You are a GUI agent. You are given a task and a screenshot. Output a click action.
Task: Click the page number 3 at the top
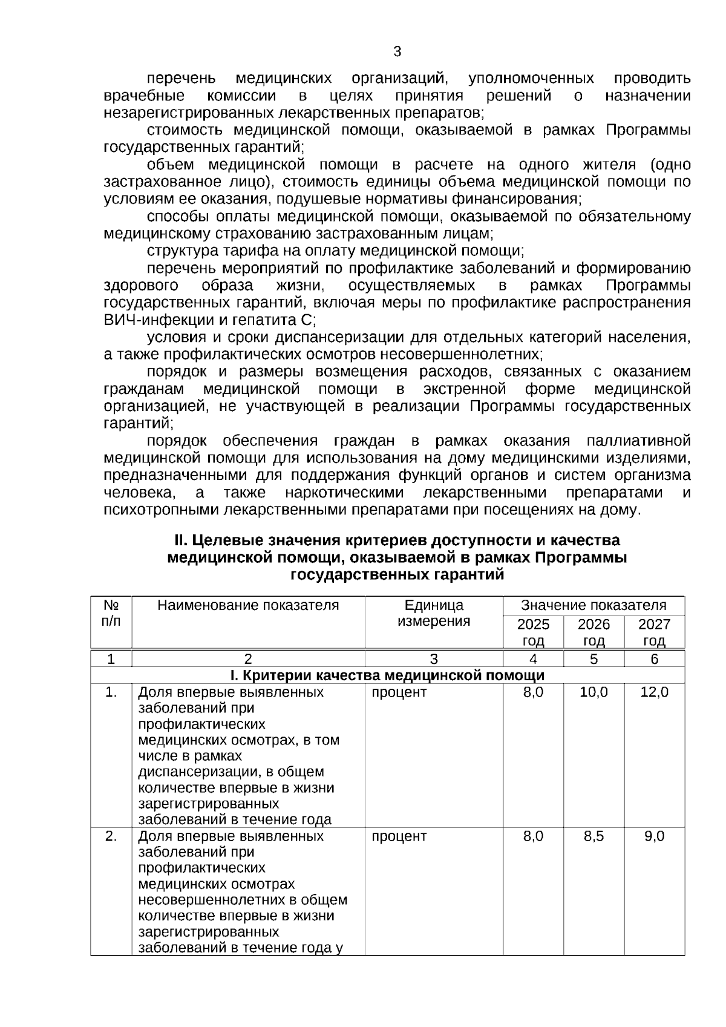point(397,51)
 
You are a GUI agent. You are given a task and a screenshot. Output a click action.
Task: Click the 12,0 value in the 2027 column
point(654,692)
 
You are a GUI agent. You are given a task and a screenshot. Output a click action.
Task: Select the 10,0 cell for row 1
point(594,692)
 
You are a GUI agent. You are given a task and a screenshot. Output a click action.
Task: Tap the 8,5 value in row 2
point(594,836)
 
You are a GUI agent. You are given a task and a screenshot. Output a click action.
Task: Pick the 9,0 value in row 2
point(654,836)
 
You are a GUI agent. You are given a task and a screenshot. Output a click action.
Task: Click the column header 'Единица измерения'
point(434,613)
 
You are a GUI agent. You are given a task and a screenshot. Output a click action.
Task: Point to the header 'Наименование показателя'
point(248,605)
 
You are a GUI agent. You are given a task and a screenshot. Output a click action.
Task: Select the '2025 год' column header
point(533,632)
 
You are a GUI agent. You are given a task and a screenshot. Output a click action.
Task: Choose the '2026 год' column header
point(594,632)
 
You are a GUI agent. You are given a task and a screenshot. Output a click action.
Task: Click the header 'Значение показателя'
point(594,605)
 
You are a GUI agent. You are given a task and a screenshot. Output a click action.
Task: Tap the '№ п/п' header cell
point(111,613)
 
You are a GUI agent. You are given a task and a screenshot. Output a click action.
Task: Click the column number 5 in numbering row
point(594,659)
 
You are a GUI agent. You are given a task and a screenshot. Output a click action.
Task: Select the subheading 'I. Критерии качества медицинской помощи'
point(387,675)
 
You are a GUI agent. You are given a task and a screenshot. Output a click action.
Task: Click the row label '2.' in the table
point(111,836)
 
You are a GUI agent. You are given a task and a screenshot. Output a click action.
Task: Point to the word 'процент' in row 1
point(399,692)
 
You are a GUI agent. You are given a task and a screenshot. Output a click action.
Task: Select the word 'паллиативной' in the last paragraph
point(639,441)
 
